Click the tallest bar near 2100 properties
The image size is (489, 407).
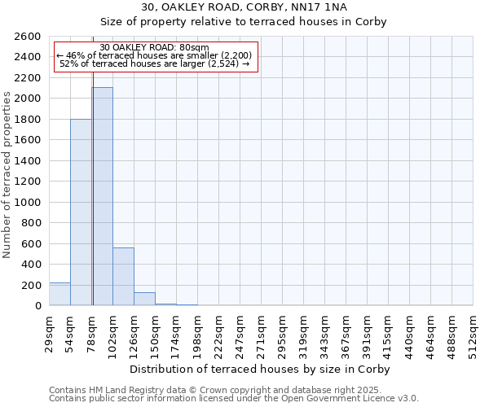coord(102,196)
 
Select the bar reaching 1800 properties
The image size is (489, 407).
coord(81,212)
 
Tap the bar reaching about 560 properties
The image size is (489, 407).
coord(123,276)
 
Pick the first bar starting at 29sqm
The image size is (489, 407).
coord(59,294)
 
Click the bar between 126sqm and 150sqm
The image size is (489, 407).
coord(144,299)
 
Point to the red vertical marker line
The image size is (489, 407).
coord(93,203)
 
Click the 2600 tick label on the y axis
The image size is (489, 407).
coord(27,37)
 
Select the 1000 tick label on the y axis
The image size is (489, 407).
coord(27,202)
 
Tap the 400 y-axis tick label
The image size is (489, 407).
coord(30,265)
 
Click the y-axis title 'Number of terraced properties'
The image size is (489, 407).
coord(7,175)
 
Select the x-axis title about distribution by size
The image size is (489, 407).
coord(261,369)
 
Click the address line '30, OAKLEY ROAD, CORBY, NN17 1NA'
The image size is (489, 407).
coord(244,7)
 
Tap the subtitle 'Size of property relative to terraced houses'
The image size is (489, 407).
coord(244,22)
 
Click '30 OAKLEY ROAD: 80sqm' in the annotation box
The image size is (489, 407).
coord(155,48)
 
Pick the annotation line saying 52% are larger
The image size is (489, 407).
coord(155,63)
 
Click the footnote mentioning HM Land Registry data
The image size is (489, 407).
coord(232,390)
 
